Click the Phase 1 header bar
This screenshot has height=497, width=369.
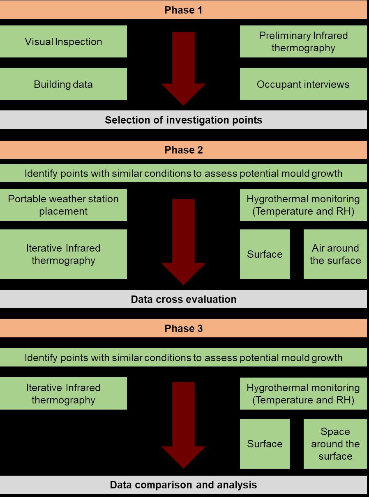coord(183,10)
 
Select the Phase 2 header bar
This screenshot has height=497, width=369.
coord(183,150)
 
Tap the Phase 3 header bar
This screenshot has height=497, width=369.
coord(183,328)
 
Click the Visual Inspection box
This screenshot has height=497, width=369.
coord(63,41)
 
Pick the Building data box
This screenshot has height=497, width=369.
coord(63,84)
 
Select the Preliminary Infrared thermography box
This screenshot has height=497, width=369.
coord(303,41)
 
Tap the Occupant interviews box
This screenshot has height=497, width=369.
coord(303,84)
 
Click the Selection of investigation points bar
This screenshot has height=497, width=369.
coord(183,120)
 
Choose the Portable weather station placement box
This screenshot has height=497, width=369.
coord(63,205)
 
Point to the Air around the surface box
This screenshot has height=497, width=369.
coord(335,254)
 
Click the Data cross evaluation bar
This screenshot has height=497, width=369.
coord(183,299)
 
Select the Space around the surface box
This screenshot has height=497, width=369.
coord(335,444)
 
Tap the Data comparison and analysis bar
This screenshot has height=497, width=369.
coord(183,485)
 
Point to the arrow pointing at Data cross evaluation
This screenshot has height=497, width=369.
coord(183,242)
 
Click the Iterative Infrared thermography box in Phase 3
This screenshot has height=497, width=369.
coord(63,394)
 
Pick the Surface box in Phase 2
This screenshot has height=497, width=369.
coord(265,254)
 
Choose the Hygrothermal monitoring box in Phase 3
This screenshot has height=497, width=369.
coord(303,394)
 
